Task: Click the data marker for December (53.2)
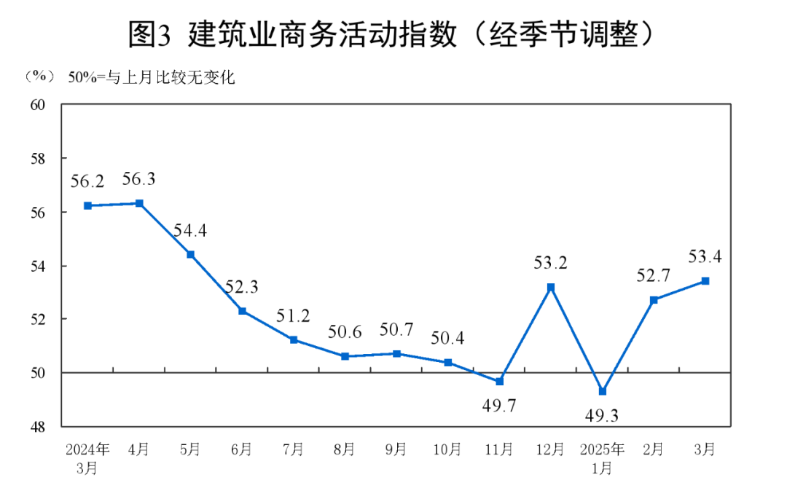[x=551, y=287]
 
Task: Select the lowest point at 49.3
[x=603, y=391]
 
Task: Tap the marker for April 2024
[x=139, y=203]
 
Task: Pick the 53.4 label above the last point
[x=704, y=256]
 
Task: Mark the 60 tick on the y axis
[x=37, y=104]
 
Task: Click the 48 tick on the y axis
[x=37, y=426]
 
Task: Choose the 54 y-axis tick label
[x=37, y=266]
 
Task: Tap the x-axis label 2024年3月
[x=87, y=457]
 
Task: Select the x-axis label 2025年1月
[x=603, y=457]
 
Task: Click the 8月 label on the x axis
[x=345, y=449]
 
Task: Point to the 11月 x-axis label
[x=500, y=449]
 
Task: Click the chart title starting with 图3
[x=393, y=35]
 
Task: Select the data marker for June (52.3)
[x=242, y=311]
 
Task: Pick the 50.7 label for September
[x=396, y=330]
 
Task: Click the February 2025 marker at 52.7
[x=654, y=300]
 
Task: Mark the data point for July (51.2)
[x=293, y=339]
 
